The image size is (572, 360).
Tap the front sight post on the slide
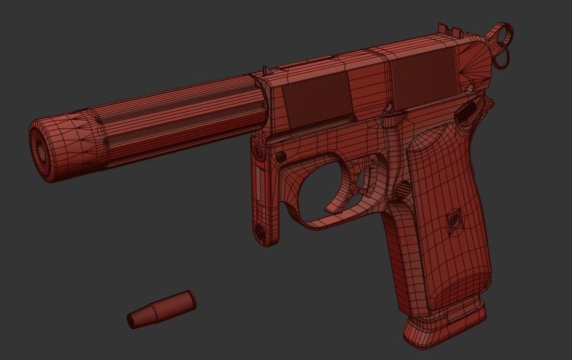[265, 73]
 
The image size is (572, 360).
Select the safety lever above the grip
[466, 112]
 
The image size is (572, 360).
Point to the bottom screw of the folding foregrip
[260, 231]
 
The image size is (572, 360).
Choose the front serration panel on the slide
[311, 100]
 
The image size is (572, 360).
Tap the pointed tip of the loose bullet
[131, 320]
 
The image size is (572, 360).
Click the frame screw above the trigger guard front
[281, 154]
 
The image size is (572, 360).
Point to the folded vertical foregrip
[263, 191]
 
